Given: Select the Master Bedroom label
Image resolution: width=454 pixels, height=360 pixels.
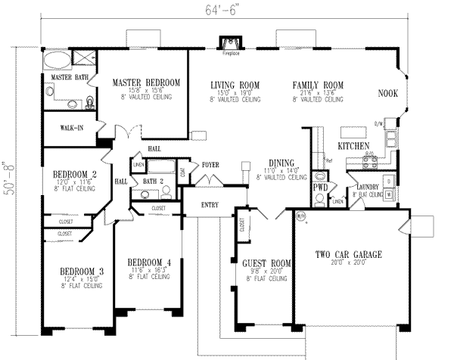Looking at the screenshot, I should coord(147,82).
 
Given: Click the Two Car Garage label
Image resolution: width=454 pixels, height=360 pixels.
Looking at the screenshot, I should coord(349,255).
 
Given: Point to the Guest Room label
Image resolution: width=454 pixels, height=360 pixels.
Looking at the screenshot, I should coord(261,264).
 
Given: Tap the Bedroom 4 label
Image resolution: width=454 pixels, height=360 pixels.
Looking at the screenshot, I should coord(148,262).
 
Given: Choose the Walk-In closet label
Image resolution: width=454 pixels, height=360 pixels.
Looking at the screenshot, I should coord(61,128).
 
